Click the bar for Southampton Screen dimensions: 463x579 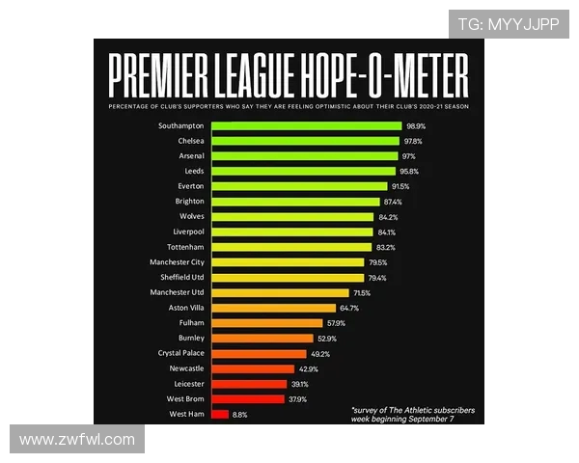click(305, 125)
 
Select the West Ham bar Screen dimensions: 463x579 click(219, 414)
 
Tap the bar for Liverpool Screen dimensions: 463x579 click(290, 231)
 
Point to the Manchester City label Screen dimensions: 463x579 click(177, 262)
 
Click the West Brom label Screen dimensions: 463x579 click(185, 398)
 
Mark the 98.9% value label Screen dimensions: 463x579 click(416, 125)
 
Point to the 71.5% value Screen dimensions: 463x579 click(362, 292)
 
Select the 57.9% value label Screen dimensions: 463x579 click(336, 323)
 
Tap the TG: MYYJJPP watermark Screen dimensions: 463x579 click(508, 24)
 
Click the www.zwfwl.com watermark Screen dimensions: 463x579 click(77, 440)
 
